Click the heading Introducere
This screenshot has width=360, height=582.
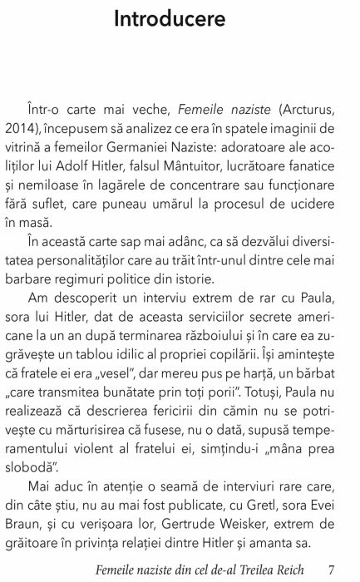coord(179,17)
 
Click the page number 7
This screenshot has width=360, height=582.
coord(331,570)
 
